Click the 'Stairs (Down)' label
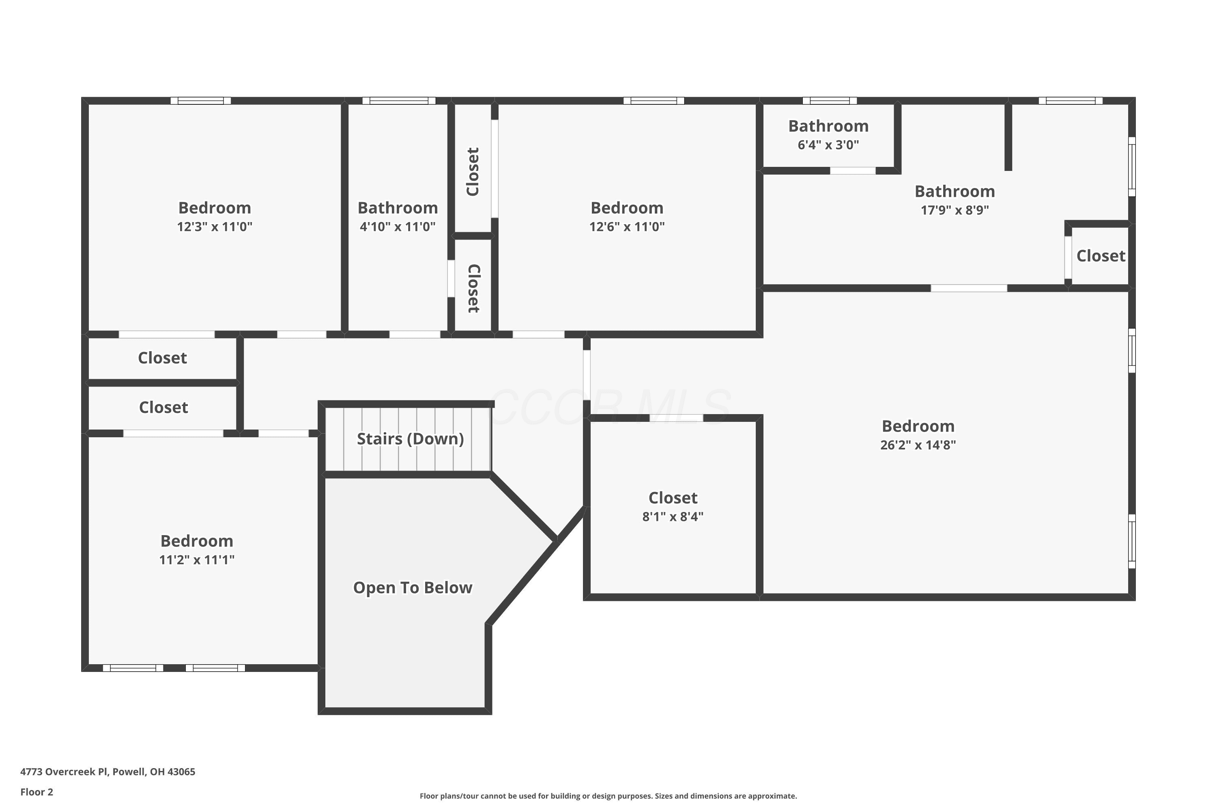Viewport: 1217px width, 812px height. coord(410,438)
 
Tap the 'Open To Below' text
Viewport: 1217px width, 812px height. coord(413,588)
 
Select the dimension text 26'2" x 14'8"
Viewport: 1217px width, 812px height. coord(918,445)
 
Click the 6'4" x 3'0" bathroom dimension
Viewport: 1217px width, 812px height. coord(828,145)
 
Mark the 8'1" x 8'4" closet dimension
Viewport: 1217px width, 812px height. coord(673,516)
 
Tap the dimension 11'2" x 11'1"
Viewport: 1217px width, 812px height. coord(197,559)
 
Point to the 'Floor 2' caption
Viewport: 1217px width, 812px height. coord(37,792)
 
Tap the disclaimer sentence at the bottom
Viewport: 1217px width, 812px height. coord(608,796)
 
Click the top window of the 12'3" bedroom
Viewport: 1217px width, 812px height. coord(201,100)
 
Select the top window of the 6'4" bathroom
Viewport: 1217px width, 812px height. coord(830,100)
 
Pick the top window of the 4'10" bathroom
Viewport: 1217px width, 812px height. coord(399,100)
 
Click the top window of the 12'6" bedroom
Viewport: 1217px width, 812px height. coord(654,100)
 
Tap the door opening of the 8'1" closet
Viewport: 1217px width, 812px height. coord(676,418)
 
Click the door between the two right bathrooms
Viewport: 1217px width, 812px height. coord(853,171)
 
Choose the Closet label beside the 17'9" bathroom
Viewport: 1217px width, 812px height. coord(1101,256)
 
